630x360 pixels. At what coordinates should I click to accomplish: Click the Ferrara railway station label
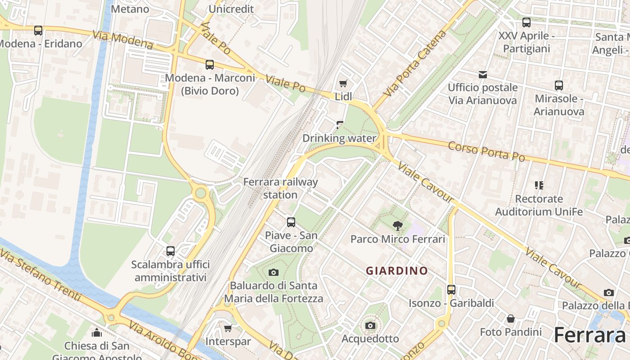280,188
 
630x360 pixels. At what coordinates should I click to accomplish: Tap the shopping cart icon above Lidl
343,83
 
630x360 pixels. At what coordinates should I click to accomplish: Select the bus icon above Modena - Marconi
210,64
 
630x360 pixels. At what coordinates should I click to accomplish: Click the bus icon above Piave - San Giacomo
291,222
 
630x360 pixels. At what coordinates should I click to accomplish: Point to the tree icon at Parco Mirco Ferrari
397,225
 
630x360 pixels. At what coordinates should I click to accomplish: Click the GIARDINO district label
396,270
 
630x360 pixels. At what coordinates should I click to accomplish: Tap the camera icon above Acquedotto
370,325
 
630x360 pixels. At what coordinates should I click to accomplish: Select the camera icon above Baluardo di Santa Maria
273,272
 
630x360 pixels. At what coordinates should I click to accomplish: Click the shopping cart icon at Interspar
228,328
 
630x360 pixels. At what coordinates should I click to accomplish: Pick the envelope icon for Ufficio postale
483,74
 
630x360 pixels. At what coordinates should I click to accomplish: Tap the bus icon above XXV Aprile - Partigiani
526,22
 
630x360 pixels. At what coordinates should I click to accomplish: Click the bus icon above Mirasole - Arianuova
559,85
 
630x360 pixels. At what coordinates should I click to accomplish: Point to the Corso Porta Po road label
486,151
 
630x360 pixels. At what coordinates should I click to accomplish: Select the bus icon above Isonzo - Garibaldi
451,290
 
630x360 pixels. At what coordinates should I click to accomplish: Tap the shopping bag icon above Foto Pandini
511,319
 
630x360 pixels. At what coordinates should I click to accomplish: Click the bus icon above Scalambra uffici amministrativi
171,251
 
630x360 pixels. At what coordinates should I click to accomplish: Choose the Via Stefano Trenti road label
40,274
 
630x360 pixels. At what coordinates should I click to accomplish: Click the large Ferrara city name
589,335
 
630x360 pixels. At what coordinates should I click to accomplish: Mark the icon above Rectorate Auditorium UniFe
539,185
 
